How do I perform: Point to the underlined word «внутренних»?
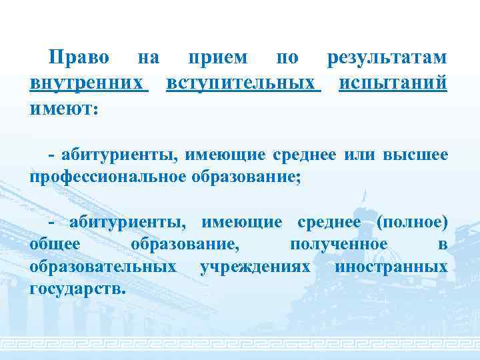pyautogui.click(x=88, y=84)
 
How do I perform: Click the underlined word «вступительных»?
pyautogui.click(x=243, y=84)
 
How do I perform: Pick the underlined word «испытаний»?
pyautogui.click(x=393, y=84)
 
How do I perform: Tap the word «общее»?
pyautogui.click(x=55, y=245)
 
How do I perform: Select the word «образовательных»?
pyautogui.click(x=103, y=267)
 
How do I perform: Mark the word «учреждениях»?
pyautogui.click(x=255, y=267)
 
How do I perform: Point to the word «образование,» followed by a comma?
pyautogui.click(x=185, y=245)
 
